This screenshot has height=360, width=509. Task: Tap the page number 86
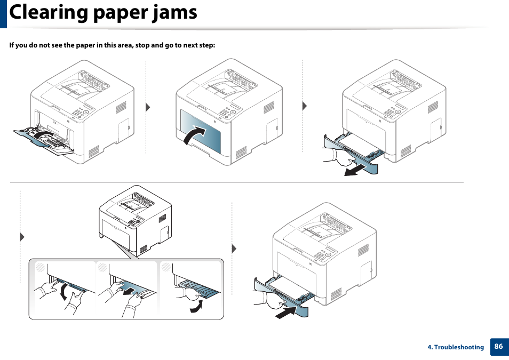coord(498,346)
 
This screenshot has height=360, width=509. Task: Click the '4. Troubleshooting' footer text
coord(456,347)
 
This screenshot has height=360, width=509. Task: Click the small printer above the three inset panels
coord(136,216)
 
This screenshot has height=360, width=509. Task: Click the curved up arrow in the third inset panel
coord(197,307)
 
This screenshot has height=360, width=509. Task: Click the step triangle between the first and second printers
coord(148,107)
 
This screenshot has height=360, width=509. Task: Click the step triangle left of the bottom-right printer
coord(234,249)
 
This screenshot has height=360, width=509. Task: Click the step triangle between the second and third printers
coord(305,106)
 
